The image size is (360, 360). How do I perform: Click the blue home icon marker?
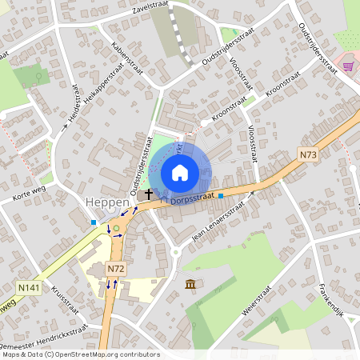[180, 171]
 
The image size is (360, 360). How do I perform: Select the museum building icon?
[190, 284]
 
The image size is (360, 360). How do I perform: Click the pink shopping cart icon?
[348, 66]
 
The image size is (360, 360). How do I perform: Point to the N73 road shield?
[310, 153]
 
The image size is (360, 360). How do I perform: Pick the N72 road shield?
[116, 267]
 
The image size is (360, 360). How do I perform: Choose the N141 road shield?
[26, 285]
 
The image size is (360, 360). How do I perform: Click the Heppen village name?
[107, 203]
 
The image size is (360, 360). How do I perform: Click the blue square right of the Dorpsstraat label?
[221, 194]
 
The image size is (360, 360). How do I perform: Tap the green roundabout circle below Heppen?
[117, 227]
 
